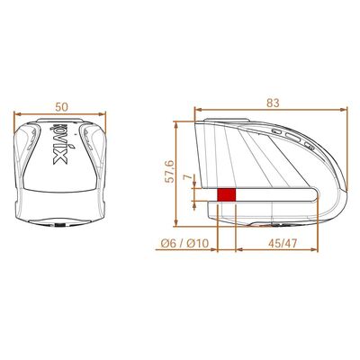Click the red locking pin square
tap(226, 194)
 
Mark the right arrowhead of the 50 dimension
tap(104, 114)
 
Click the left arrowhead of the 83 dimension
tap(196, 114)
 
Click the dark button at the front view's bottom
tap(60, 224)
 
